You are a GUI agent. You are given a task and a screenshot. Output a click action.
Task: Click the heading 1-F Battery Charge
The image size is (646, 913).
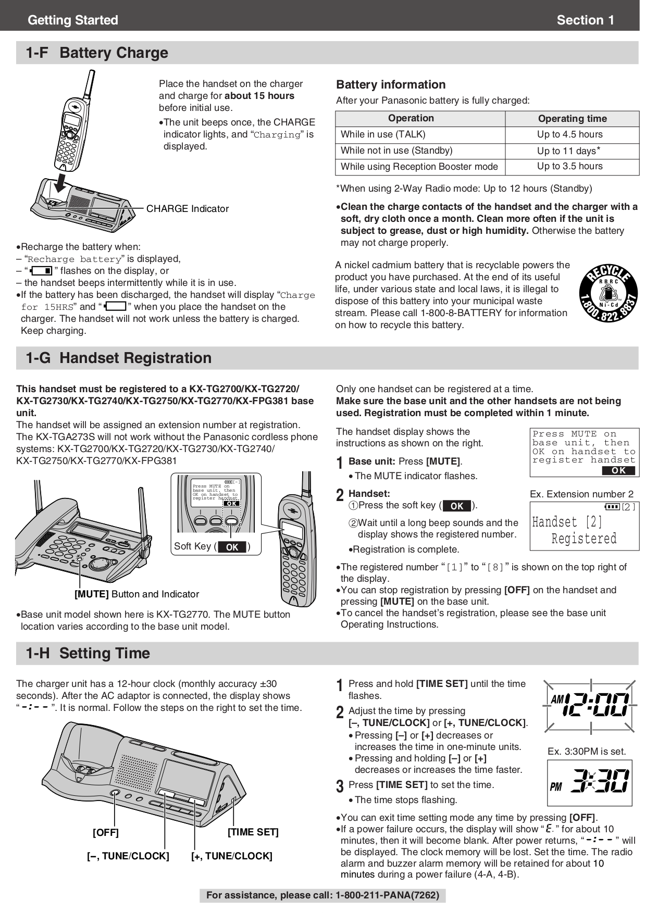click(x=97, y=53)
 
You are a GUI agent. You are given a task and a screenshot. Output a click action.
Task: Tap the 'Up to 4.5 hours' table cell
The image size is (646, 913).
click(x=569, y=134)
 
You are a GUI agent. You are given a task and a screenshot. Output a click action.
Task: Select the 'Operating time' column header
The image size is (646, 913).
click(x=572, y=119)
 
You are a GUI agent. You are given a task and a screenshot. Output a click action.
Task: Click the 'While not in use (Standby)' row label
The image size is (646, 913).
click(x=396, y=151)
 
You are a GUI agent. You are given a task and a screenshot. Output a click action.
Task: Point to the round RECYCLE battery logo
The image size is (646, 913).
click(x=608, y=293)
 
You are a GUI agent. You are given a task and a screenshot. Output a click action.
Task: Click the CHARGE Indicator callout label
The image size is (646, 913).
click(x=187, y=209)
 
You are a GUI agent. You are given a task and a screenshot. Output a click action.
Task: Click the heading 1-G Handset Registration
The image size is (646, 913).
click(x=119, y=358)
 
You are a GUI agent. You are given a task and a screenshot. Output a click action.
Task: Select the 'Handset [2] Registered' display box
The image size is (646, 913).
click(x=584, y=526)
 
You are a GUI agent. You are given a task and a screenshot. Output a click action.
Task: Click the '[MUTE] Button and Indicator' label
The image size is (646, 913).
click(x=136, y=594)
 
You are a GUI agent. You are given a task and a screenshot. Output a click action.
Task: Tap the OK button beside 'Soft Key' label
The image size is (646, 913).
click(x=232, y=547)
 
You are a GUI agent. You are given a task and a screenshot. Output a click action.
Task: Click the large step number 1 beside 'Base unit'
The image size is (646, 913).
click(x=340, y=462)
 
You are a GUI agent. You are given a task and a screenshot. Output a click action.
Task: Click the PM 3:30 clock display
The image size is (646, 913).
click(x=589, y=783)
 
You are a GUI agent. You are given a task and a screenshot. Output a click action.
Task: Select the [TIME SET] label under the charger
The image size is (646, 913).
click(x=253, y=832)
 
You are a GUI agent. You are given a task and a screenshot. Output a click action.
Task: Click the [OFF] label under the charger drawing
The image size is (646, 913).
click(x=106, y=833)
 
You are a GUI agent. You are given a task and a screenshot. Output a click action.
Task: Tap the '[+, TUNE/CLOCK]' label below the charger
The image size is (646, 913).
click(x=231, y=856)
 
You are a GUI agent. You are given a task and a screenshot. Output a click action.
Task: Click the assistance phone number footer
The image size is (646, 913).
click(x=322, y=895)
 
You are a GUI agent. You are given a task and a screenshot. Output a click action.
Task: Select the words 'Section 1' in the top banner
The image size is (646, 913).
click(x=585, y=20)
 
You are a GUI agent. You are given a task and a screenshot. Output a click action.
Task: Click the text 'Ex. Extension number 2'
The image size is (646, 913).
click(x=581, y=494)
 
